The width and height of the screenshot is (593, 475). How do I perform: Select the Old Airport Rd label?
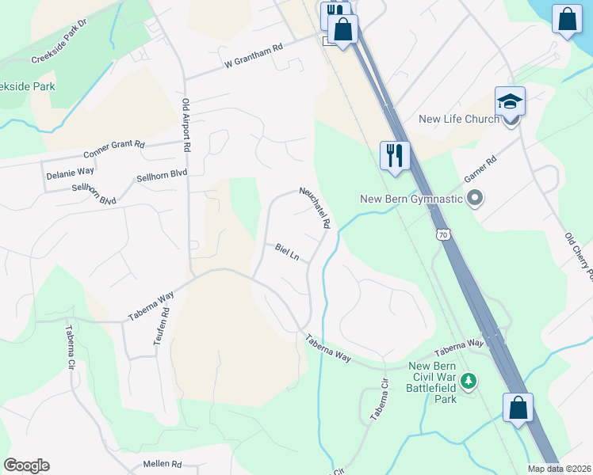(x=187, y=126)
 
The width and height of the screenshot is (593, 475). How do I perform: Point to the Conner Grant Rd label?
(x=114, y=149)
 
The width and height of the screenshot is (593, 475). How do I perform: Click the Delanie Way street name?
(x=71, y=171)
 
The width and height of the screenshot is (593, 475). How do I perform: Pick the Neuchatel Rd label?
(x=315, y=207)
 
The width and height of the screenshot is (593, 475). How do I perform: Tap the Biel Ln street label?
(x=287, y=253)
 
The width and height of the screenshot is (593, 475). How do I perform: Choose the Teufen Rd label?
(x=165, y=324)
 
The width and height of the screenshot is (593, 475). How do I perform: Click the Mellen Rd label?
(x=163, y=464)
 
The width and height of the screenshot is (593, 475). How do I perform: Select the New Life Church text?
(x=459, y=120)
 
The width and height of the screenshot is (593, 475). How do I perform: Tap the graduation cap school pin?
(x=510, y=102)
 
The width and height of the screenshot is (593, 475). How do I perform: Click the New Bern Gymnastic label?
(x=411, y=199)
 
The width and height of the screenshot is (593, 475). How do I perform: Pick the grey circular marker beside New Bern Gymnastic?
(x=475, y=198)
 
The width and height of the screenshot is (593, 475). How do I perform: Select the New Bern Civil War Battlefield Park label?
(x=432, y=382)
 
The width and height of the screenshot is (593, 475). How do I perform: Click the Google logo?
(x=26, y=465)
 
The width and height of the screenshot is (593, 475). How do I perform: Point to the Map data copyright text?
(x=560, y=469)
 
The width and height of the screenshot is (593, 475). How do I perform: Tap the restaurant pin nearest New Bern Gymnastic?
(x=394, y=155)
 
